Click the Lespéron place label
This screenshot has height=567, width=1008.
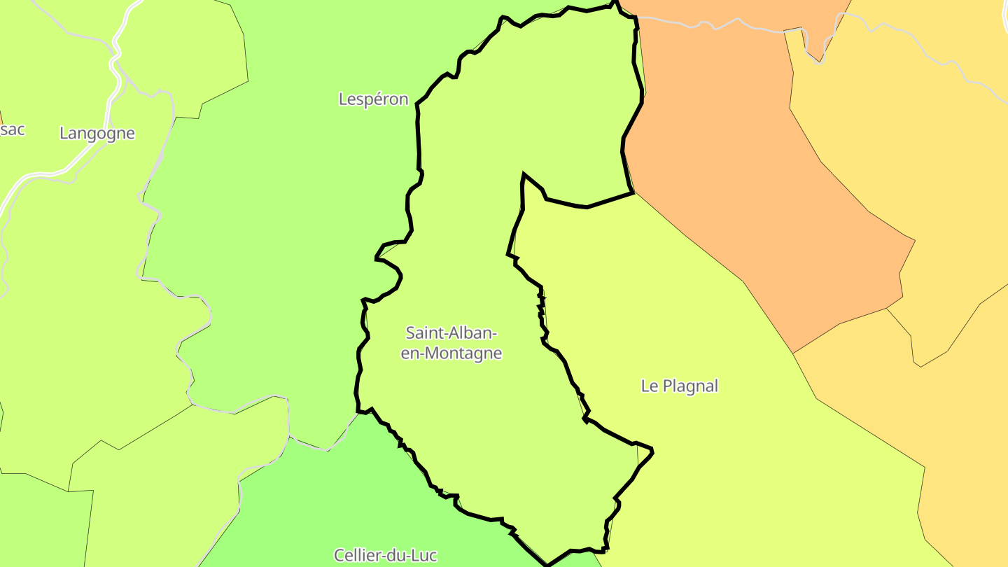pos(373,99)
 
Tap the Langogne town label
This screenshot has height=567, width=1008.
pos(97,133)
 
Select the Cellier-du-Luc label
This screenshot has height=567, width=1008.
pos(385,555)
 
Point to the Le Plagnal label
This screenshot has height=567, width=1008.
pos(679,386)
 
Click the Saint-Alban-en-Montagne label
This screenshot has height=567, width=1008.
pos(451,342)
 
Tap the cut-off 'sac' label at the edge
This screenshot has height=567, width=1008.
pos(12,129)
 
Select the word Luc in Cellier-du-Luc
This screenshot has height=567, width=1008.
pos(423,555)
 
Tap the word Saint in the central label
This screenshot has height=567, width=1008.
pos(422,332)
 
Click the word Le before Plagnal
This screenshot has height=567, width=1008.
pos(649,386)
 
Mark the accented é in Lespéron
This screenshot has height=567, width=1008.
pos(378,99)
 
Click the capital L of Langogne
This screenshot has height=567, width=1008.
pos(64,133)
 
